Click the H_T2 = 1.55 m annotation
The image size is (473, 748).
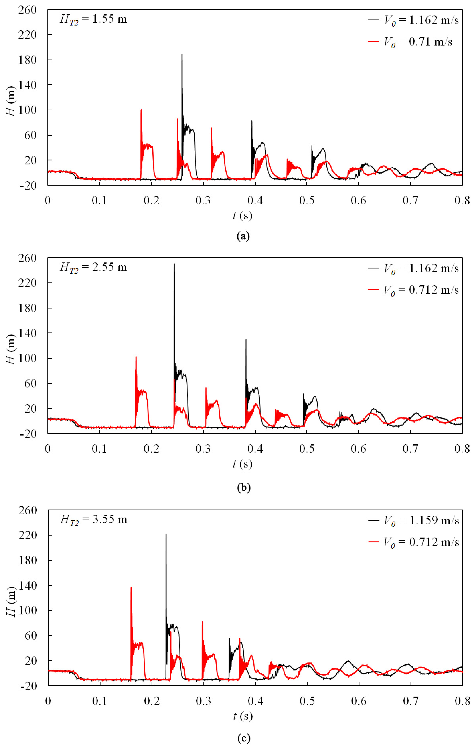click(93, 20)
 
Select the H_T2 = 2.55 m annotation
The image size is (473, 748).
click(93, 267)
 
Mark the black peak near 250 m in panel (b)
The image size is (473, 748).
click(174, 265)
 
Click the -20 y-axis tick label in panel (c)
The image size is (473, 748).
click(29, 686)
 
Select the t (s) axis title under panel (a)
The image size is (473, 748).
click(242, 216)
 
